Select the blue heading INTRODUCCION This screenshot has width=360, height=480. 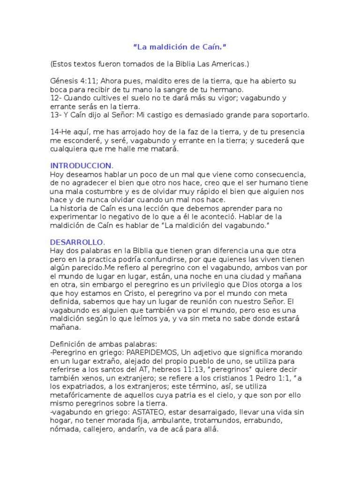(x=81, y=165)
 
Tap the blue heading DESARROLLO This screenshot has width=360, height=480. (x=77, y=242)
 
